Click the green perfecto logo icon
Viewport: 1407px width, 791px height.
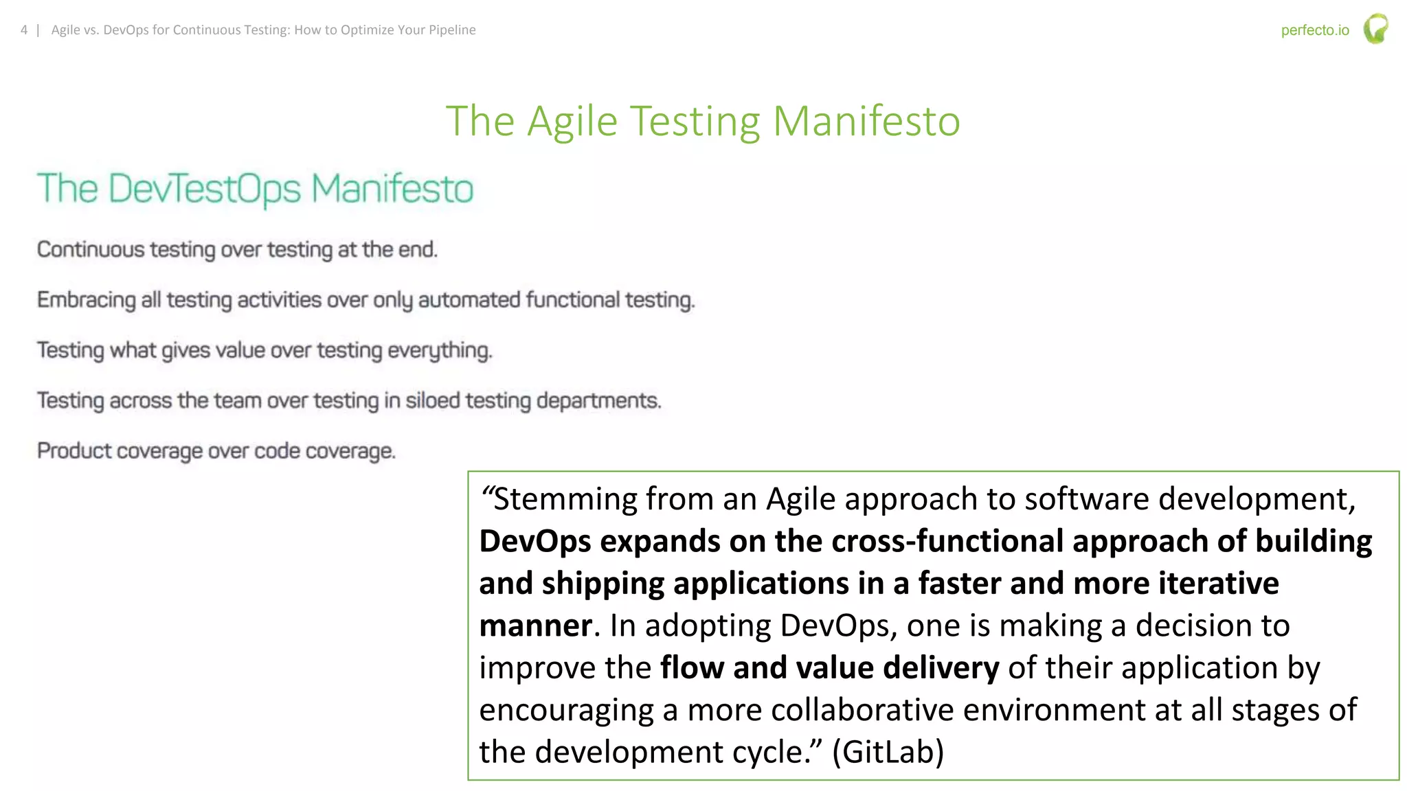coord(1375,29)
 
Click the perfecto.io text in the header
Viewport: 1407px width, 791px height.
coord(1314,30)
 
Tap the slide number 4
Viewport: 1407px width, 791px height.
coord(24,30)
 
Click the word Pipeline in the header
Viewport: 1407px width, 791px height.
coord(452,30)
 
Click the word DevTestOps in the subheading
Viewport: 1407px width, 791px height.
coord(205,189)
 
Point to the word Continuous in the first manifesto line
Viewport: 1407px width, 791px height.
coord(91,249)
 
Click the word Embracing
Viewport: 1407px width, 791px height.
coord(87,300)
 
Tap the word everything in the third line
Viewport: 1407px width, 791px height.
coord(440,351)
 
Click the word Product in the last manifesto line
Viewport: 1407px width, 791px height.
coord(74,451)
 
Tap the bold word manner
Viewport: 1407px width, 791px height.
coord(535,626)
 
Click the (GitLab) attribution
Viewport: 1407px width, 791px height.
coord(888,752)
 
